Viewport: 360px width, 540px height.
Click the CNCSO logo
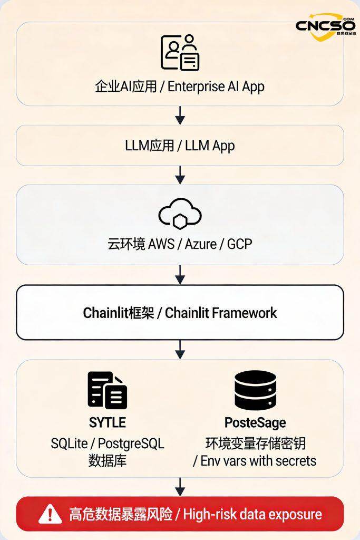click(x=325, y=26)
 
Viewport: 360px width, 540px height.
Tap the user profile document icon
click(x=180, y=52)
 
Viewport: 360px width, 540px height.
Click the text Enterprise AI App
click(x=216, y=86)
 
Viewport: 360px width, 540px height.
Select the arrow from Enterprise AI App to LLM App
click(x=180, y=115)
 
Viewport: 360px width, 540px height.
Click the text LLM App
click(x=210, y=146)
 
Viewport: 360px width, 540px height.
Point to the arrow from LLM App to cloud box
click(x=180, y=175)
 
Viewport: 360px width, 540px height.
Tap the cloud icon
click(x=180, y=213)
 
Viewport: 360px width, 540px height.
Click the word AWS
click(x=164, y=245)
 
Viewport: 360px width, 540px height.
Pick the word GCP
click(x=240, y=245)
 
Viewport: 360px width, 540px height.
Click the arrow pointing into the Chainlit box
click(x=180, y=274)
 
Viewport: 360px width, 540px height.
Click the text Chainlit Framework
click(x=221, y=313)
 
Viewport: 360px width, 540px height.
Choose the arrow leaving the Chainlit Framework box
click(x=180, y=349)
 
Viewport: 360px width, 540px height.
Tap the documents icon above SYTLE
click(x=107, y=391)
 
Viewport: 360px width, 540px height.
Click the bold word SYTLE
click(x=107, y=422)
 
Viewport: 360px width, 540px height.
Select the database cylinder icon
click(x=255, y=390)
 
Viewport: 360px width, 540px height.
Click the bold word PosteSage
click(x=255, y=422)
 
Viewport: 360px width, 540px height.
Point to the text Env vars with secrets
click(x=259, y=460)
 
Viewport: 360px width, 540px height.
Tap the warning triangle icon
click(x=51, y=513)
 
